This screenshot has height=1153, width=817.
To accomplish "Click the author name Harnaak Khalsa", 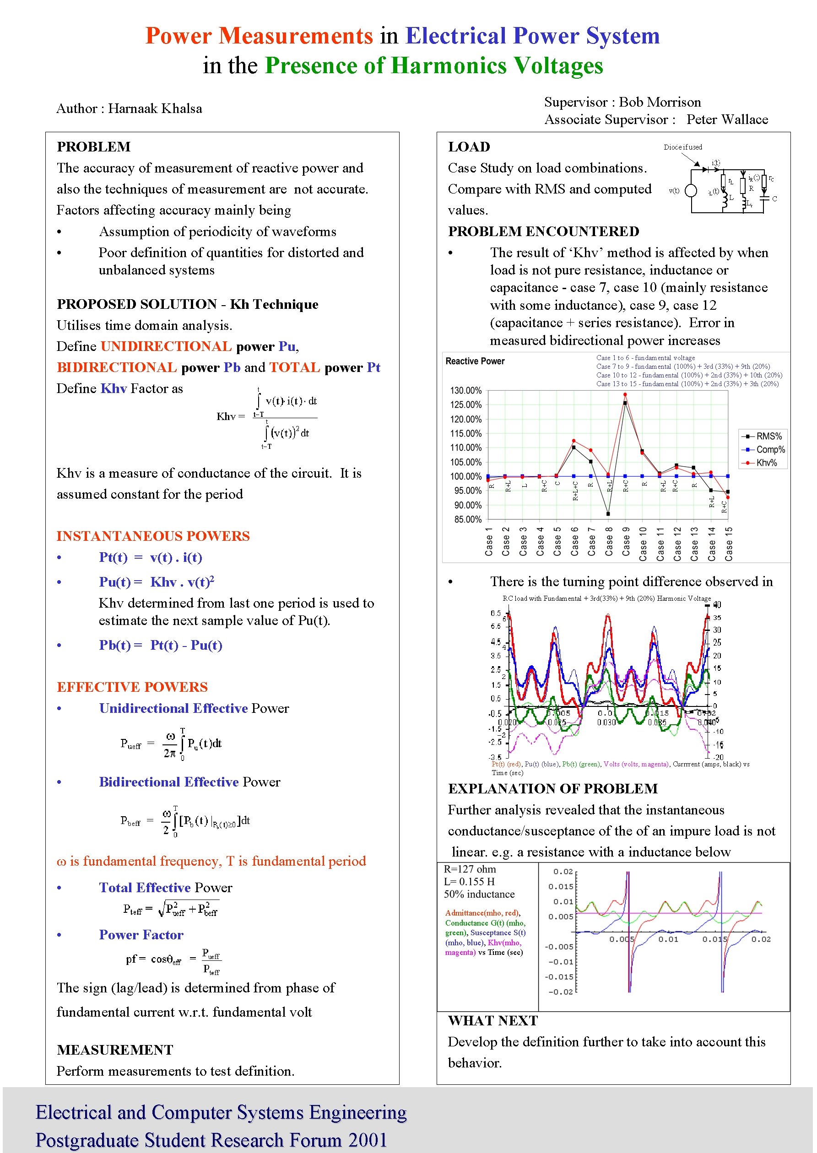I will (155, 108).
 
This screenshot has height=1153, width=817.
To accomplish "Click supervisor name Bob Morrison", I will (660, 102).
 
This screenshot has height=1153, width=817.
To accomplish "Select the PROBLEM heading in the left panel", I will (93, 147).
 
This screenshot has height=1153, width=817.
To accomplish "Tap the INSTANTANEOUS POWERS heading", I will (153, 536).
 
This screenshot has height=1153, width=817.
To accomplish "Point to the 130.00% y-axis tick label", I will (465, 391).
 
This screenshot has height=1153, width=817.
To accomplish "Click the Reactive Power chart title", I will (475, 361).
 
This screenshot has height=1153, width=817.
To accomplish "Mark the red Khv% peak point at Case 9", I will (625, 394).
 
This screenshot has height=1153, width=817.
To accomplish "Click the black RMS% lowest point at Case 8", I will (608, 514).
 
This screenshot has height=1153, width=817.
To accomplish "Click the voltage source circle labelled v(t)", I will (691, 191).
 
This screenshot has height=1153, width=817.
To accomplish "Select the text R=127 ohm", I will (469, 869).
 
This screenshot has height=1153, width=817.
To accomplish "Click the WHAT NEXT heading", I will (492, 1021).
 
